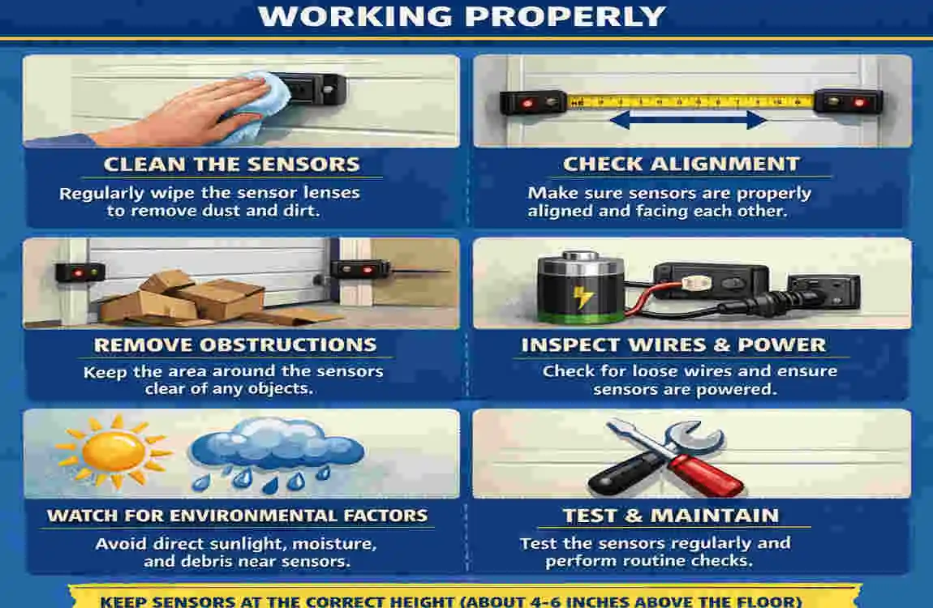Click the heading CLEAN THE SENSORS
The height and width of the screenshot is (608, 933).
tap(231, 164)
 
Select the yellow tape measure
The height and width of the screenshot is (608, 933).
tap(690, 101)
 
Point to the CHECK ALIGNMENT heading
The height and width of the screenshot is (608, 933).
tap(681, 164)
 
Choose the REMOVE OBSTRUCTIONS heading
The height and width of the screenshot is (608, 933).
tap(235, 345)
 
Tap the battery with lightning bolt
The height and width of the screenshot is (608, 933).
tap(580, 288)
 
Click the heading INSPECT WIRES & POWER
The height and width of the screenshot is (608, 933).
tap(673, 345)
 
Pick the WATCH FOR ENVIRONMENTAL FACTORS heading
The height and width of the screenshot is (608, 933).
tap(238, 516)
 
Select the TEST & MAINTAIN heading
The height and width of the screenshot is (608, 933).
tap(671, 516)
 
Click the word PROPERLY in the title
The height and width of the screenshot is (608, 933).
tap(565, 16)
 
